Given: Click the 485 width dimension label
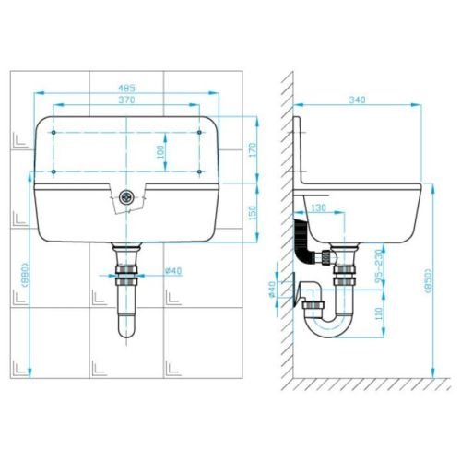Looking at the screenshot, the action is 126,89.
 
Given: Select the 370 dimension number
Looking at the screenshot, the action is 126,100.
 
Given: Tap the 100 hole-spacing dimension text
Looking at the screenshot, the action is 160,151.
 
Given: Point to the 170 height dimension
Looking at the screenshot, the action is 253,149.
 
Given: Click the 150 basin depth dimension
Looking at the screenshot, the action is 253,213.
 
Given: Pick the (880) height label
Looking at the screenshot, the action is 25,275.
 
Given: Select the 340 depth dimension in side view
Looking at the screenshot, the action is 357,100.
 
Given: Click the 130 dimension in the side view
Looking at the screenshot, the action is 318,208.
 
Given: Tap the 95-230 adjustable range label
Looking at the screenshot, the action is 379,266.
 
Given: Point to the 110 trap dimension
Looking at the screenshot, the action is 379,313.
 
